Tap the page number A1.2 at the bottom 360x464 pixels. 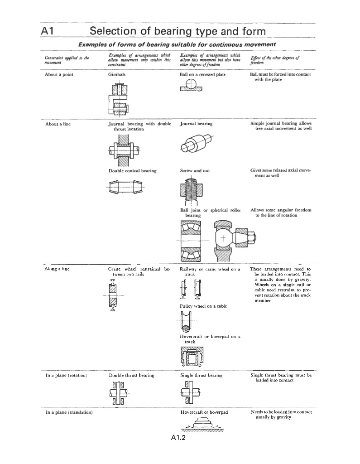tap(179, 438)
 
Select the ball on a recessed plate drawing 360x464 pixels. tap(191, 85)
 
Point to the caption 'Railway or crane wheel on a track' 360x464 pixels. tap(210, 271)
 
